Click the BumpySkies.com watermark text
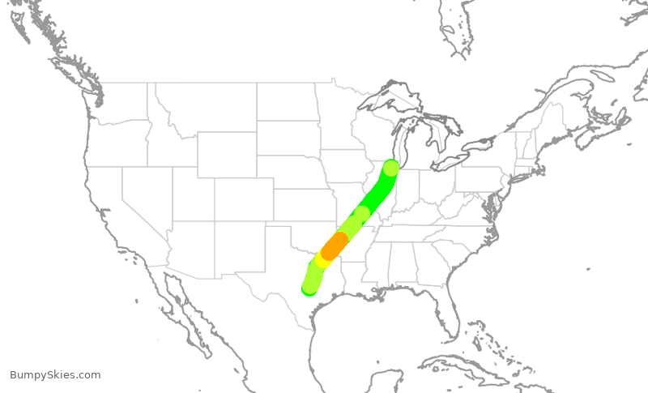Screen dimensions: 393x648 pos(55,375)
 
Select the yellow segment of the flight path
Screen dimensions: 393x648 pos(323,259)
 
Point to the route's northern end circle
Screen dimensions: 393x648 pos(391,168)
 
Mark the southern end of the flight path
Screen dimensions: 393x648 pos(309,287)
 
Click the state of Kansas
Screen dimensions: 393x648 pos(304,207)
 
